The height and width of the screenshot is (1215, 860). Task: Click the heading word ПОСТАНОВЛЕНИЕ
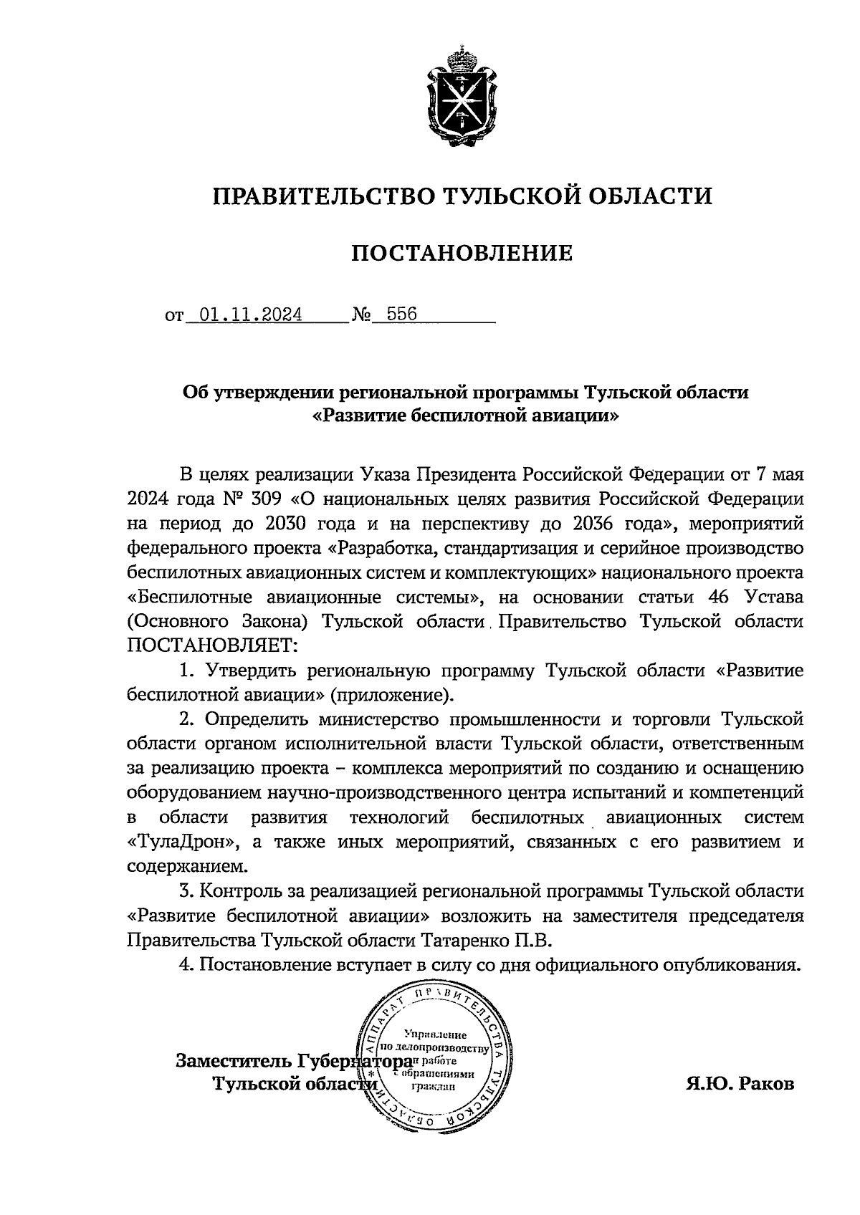click(x=462, y=253)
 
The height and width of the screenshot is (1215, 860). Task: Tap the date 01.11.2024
click(x=250, y=315)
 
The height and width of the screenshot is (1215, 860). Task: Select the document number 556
click(x=401, y=315)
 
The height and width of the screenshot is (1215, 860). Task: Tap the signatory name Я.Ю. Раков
click(x=740, y=1083)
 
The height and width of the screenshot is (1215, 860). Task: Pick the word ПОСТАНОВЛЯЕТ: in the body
click(x=211, y=645)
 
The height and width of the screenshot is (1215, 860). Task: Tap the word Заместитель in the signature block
click(x=234, y=1061)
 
